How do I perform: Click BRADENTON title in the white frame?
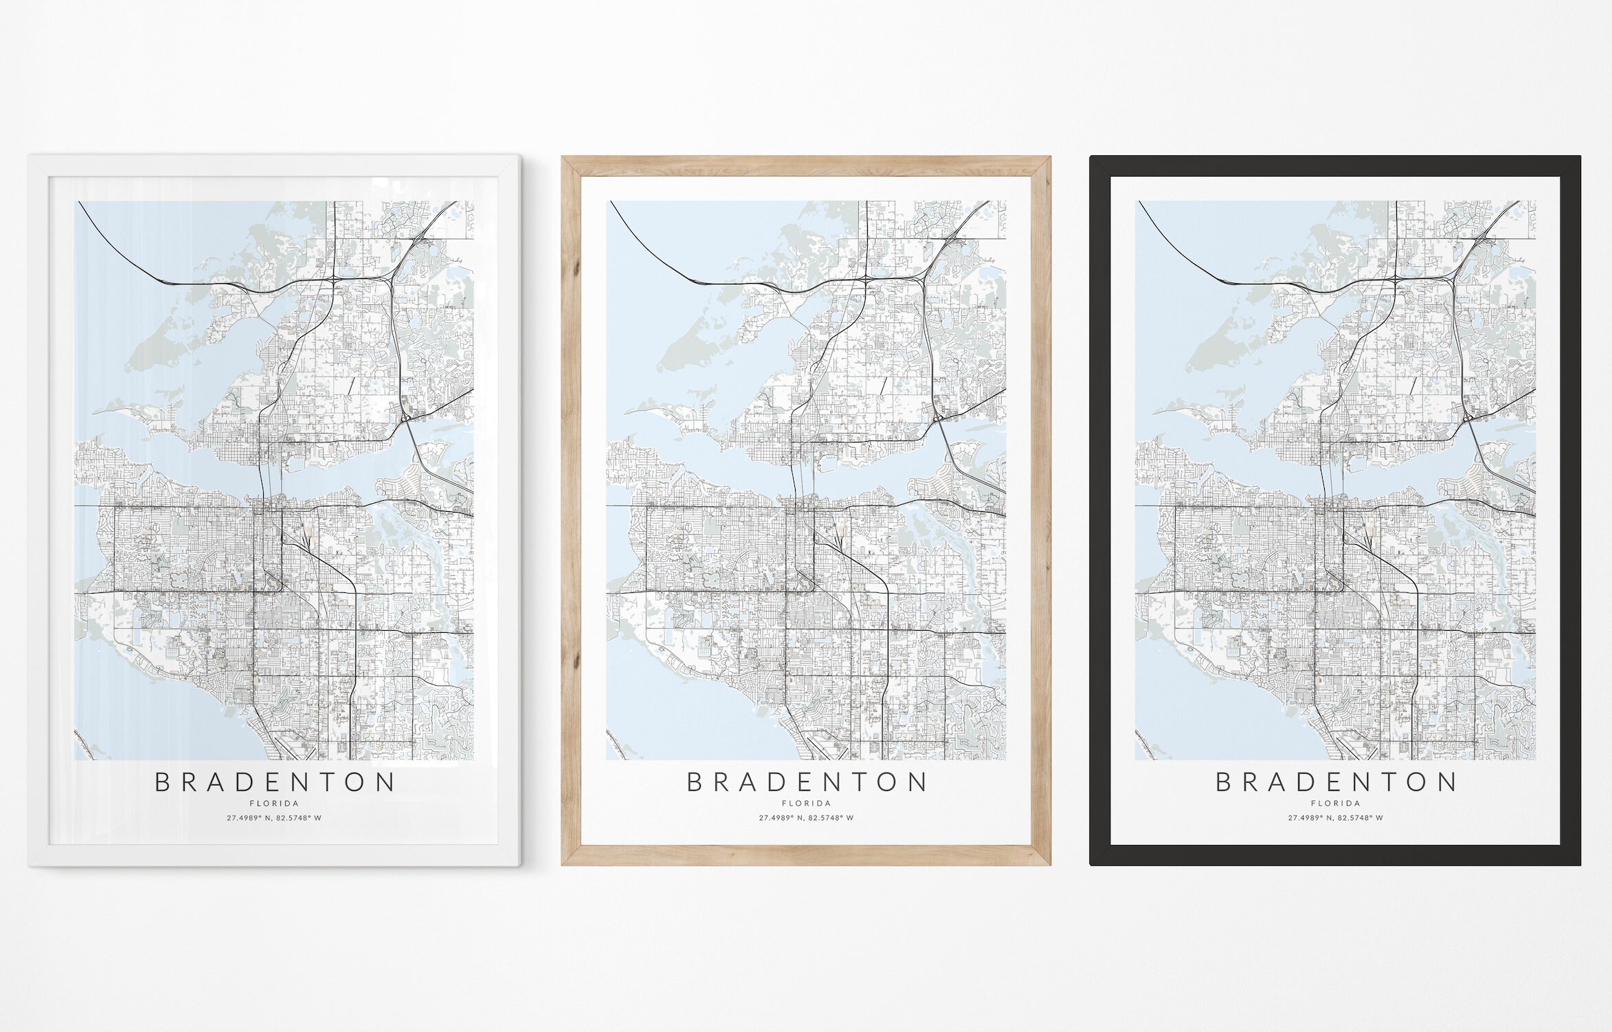(x=275, y=783)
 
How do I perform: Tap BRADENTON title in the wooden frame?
(x=807, y=783)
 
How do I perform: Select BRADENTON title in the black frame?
(x=1336, y=783)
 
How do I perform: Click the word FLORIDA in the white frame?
(x=275, y=803)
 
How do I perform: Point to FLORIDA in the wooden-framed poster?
(x=807, y=803)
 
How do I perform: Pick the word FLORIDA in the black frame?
(x=1336, y=803)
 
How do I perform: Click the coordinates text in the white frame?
(x=275, y=818)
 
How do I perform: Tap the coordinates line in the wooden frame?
(x=807, y=818)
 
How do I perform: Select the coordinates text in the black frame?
(x=1336, y=818)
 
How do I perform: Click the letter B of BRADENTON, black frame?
(x=1224, y=783)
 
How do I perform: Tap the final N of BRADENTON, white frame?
(x=388, y=783)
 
